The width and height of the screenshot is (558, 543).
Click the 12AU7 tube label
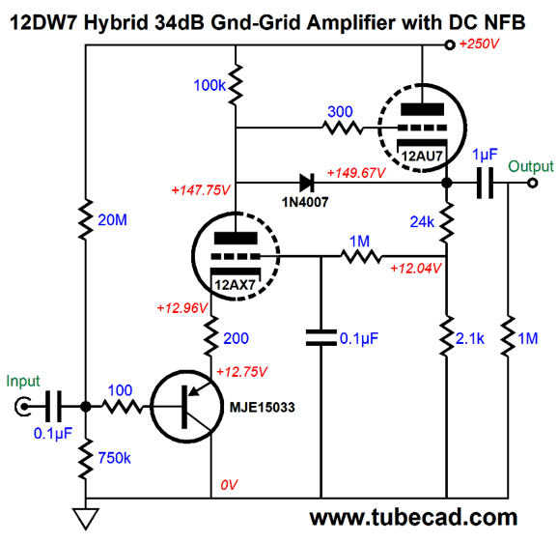(x=422, y=156)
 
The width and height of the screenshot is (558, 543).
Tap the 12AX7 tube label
(x=235, y=285)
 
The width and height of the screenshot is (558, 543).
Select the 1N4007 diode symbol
(x=306, y=183)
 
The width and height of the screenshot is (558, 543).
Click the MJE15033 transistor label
(x=263, y=407)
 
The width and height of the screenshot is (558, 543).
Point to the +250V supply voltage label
(x=479, y=43)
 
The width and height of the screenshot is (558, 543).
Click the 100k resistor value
(x=209, y=85)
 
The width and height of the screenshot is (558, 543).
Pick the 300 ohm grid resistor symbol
(x=342, y=128)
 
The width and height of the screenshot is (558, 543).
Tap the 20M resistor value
(x=112, y=220)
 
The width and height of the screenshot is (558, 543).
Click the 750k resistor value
(x=114, y=458)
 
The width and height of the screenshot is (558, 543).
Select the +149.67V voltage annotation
(x=356, y=173)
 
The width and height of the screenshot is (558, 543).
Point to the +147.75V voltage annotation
(x=201, y=190)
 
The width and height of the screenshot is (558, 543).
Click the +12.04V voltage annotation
(x=416, y=268)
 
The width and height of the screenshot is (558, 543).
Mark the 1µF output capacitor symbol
(x=485, y=183)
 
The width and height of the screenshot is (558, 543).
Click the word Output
(x=531, y=166)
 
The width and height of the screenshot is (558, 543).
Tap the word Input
(x=23, y=382)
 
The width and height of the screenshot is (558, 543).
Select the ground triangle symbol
(x=86, y=519)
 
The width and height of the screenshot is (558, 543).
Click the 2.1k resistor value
(x=470, y=338)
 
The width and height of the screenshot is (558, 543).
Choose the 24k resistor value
(x=422, y=222)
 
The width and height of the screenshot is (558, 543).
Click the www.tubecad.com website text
(x=413, y=517)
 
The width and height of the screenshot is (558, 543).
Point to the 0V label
(x=229, y=485)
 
